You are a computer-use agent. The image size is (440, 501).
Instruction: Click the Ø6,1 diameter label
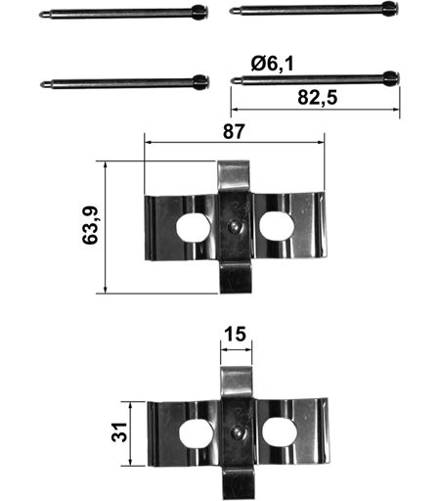coord(273,64)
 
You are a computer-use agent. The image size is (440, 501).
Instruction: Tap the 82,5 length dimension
coord(317,98)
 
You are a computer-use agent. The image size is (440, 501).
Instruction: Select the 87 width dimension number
coord(234,132)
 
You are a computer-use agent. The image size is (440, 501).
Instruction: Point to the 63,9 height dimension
coord(90,225)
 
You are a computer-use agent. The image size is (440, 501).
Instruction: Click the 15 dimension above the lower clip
coord(236,335)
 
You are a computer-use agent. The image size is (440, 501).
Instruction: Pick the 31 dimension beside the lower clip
coord(119,432)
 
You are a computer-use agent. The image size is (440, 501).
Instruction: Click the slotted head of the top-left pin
coord(200,13)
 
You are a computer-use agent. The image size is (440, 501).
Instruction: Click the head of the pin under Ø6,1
coord(391,78)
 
